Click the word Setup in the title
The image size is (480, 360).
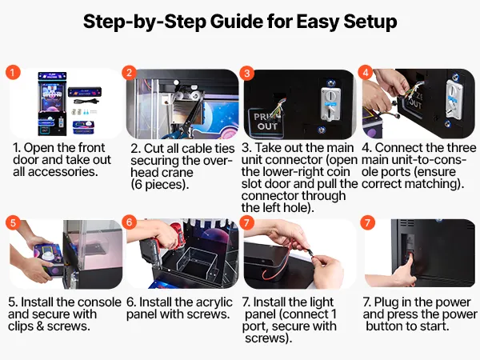point(370,22)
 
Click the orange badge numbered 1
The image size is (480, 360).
point(13,73)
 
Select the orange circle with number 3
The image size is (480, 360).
point(246,73)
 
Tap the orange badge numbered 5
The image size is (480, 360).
point(13,222)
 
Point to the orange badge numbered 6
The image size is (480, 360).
point(129,222)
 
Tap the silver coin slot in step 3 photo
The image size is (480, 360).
point(330,103)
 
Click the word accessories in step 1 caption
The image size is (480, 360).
point(62,172)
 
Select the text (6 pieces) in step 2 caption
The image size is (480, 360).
point(159,185)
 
